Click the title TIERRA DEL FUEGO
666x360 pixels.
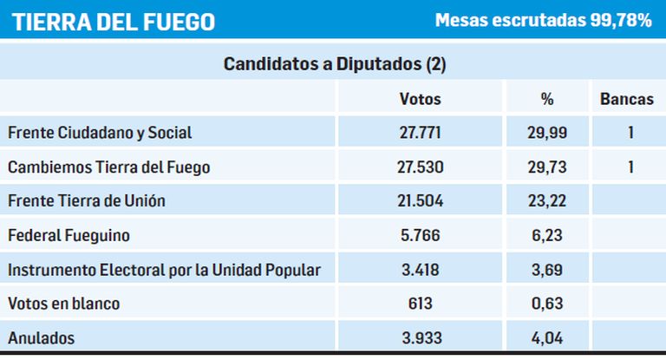[114, 22]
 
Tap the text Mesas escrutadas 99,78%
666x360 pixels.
[543, 21]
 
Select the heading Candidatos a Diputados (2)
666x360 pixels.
[335, 64]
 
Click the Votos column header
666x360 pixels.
[421, 99]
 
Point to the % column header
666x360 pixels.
[546, 99]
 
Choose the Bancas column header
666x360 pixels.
[626, 99]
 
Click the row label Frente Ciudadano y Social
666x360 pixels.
[100, 133]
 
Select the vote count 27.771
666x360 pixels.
[421, 133]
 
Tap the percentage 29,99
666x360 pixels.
[546, 133]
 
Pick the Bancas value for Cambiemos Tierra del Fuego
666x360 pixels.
[631, 167]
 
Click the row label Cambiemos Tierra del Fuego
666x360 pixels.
[109, 167]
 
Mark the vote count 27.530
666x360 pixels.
[421, 167]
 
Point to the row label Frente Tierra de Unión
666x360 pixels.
[86, 201]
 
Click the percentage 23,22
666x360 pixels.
[546, 201]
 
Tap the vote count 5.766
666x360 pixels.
[421, 235]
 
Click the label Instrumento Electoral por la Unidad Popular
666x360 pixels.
[165, 270]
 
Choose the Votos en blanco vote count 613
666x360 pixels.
[421, 304]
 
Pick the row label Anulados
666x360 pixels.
[41, 338]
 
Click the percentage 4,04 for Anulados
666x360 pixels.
[546, 338]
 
